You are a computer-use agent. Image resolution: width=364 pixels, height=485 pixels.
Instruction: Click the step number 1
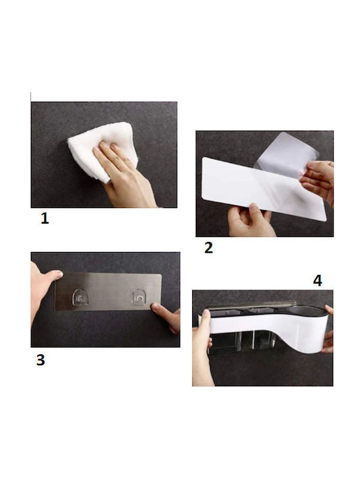click(45, 218)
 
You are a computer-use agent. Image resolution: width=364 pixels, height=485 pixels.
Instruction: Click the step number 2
click(208, 248)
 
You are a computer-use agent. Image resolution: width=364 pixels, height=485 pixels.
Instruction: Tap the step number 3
click(40, 360)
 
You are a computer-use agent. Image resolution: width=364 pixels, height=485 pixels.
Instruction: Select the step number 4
click(317, 281)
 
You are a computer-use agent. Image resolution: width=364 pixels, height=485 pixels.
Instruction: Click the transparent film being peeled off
click(284, 155)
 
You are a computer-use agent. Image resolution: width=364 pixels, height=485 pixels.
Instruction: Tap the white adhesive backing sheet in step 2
click(263, 189)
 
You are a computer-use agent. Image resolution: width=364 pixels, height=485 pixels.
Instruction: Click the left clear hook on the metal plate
click(80, 297)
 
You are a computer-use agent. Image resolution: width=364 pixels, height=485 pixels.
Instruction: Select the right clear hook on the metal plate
click(139, 297)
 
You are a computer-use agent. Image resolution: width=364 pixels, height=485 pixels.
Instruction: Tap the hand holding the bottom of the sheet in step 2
click(249, 220)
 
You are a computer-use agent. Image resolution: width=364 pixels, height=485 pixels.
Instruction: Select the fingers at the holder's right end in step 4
click(328, 334)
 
